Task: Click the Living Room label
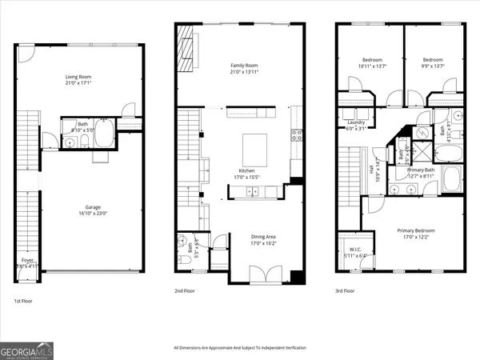pyautogui.click(x=77, y=77)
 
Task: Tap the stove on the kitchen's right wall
pyautogui.click(x=297, y=135)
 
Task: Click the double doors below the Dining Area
pyautogui.click(x=260, y=274)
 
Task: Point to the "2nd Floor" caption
pyautogui.click(x=186, y=291)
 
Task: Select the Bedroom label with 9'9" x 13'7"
pyautogui.click(x=432, y=59)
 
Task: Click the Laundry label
pyautogui.click(x=355, y=122)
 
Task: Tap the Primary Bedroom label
pyautogui.click(x=414, y=231)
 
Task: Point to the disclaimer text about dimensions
pyautogui.click(x=240, y=348)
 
